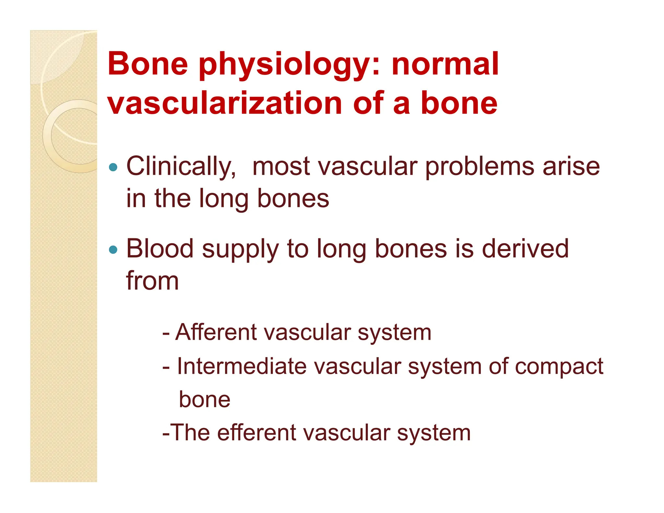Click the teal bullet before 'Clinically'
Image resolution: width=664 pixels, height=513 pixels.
coord(113,167)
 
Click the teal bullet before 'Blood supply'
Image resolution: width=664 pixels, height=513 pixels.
coord(113,250)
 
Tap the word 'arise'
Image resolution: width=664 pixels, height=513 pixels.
coord(571,167)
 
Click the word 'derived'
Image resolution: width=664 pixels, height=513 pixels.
coord(525,249)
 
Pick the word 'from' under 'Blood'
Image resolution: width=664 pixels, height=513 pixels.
coord(152,281)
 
